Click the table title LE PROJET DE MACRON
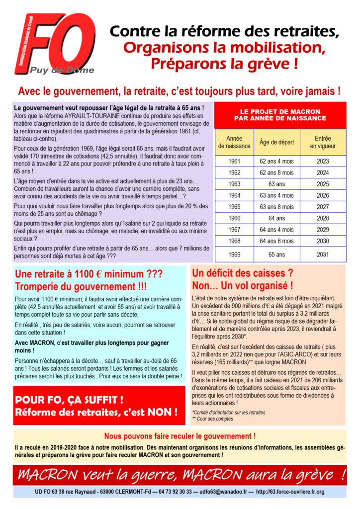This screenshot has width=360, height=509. pyautogui.click(x=280, y=115)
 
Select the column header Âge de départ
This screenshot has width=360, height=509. pyautogui.click(x=276, y=142)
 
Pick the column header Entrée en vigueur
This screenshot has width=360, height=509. pyautogui.click(x=322, y=142)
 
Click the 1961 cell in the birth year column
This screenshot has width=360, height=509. pyautogui.click(x=234, y=161)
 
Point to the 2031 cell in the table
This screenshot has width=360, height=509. pyautogui.click(x=322, y=254)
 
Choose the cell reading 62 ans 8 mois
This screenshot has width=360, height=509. pyautogui.click(x=276, y=172)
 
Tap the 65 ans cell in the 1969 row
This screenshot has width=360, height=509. pyautogui.click(x=276, y=254)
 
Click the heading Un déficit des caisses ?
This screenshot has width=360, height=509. pyautogui.click(x=242, y=273)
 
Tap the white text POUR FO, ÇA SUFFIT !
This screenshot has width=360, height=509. pyautogui.click(x=70, y=400)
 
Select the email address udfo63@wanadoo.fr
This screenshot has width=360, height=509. pyautogui.click(x=224, y=492)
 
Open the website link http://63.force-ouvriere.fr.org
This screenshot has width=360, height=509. pyautogui.click(x=290, y=492)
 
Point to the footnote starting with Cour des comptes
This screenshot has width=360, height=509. pyautogui.click(x=215, y=419)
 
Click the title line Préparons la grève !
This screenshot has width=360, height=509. pyautogui.click(x=225, y=64)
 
